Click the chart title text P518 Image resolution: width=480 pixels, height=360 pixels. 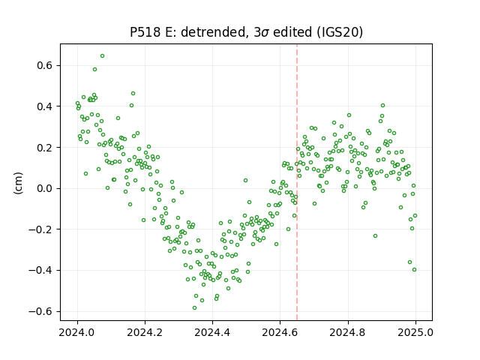pos(145,32)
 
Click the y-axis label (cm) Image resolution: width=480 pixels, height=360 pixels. pos(18,183)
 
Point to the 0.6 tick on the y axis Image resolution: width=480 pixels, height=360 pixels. pos(45,65)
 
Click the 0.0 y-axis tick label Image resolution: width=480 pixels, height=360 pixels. pos(45,188)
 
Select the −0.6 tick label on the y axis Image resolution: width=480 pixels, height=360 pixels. pos(41,312)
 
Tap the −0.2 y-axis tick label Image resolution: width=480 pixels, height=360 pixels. pos(41,229)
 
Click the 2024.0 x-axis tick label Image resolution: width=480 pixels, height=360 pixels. pos(77,332)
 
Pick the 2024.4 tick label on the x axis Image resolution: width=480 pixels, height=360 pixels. pos(212,332)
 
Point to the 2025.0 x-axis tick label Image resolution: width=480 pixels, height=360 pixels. pos(415,332)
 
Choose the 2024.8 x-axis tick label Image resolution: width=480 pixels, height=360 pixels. pos(347,332)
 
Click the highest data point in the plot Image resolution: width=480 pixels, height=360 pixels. pos(102,56)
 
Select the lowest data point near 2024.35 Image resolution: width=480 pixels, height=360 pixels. pos(194,308)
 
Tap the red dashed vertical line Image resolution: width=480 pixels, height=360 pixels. pos(297,182)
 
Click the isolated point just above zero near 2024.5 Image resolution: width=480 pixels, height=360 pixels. pos(245,181)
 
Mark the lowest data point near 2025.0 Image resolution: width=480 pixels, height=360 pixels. pos(414,270)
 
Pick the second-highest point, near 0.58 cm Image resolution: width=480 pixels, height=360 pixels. pos(95,70)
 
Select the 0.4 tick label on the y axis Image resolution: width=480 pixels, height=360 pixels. pos(45,106)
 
